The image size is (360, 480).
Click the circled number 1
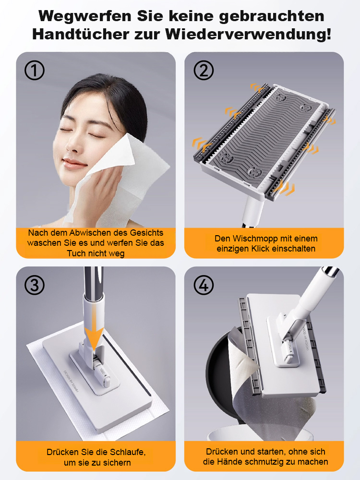(x=34, y=70)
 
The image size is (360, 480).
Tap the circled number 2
(x=204, y=70)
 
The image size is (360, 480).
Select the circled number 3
(x=34, y=285)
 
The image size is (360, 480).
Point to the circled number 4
(x=204, y=285)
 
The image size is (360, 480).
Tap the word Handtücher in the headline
(x=81, y=34)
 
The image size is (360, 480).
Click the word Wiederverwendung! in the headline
(x=249, y=34)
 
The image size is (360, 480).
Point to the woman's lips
(x=72, y=163)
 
